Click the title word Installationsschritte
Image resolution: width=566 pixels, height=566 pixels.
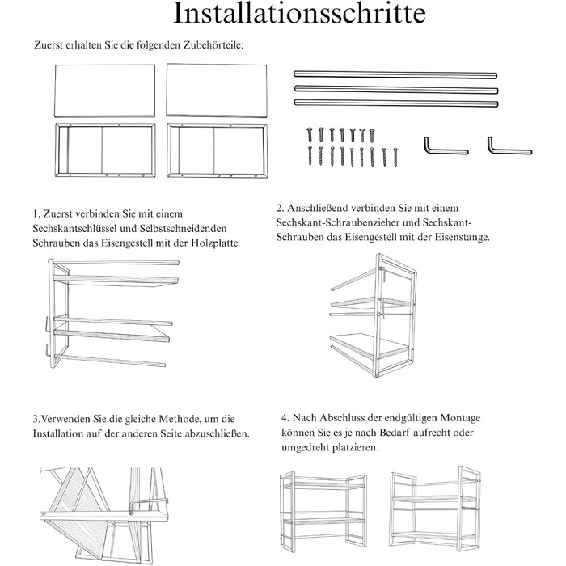click(299, 13)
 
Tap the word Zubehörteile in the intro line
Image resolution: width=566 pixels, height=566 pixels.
click(213, 45)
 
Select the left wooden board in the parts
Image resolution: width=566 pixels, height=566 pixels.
click(104, 91)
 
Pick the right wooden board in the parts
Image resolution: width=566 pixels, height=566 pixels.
click(217, 91)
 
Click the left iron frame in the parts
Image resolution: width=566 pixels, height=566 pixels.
click(105, 150)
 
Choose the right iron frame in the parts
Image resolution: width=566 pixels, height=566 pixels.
click(218, 151)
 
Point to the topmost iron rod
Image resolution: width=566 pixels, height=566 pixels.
click(395, 74)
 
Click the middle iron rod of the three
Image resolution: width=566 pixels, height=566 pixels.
click(396, 89)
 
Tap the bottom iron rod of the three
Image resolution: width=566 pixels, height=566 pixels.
click(396, 103)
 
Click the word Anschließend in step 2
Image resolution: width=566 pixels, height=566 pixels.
click(317, 209)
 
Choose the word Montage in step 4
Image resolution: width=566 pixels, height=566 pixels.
click(458, 418)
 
